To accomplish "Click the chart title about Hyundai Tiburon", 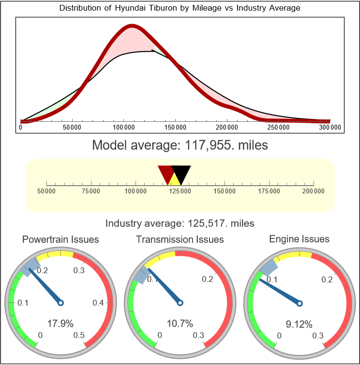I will [x=180, y=8].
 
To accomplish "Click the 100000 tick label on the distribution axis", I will [x=124, y=128].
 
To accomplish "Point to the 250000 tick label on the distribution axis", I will [x=279, y=128].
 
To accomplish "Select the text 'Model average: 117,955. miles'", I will [x=180, y=145].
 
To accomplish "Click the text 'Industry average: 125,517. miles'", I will [x=180, y=223].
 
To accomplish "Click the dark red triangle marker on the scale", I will [x=166, y=173].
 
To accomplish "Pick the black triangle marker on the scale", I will [x=181, y=173].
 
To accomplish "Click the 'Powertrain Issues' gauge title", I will [x=60, y=239].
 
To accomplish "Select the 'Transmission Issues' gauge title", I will [x=180, y=239].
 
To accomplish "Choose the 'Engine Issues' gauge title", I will [x=299, y=239].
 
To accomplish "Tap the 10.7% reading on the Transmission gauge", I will [x=180, y=323].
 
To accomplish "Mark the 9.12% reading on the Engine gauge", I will [x=299, y=324].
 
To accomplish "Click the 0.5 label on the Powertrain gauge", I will [x=79, y=336].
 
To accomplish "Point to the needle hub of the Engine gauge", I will [x=300, y=303].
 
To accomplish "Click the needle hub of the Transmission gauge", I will [x=180, y=303].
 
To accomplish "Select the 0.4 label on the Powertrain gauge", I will [x=98, y=303].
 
